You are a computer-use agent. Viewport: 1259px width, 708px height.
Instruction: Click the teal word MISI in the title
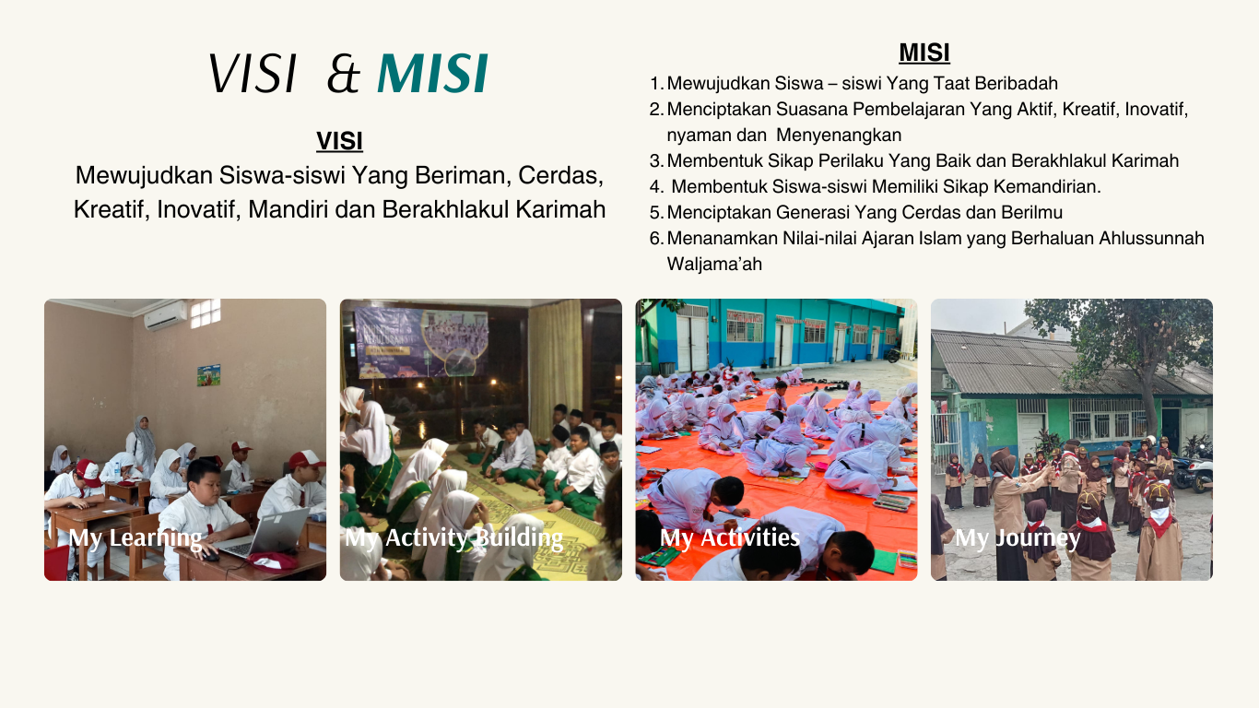click(x=432, y=73)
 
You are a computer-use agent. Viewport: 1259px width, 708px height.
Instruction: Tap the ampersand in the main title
click(x=343, y=74)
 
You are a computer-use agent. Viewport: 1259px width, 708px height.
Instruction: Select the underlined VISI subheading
click(x=339, y=141)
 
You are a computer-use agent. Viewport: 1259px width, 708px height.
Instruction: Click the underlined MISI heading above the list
click(x=924, y=53)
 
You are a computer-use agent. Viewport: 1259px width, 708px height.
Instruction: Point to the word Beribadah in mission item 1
click(x=1017, y=83)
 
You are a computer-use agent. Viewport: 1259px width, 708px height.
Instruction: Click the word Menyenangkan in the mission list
click(x=839, y=135)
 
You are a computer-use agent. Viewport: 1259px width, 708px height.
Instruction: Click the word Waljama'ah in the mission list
click(x=714, y=264)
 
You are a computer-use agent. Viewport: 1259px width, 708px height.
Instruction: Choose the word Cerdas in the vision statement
click(x=560, y=175)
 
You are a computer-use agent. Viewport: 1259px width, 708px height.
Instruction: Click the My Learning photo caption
click(x=135, y=538)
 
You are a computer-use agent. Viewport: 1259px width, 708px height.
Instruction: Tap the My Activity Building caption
click(x=453, y=538)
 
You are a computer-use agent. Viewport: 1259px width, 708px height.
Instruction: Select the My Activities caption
click(x=730, y=538)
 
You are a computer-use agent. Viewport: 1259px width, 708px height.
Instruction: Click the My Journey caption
click(x=1018, y=538)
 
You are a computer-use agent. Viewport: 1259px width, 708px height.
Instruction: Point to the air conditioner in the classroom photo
click(x=165, y=315)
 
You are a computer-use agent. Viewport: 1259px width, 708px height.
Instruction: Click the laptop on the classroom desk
click(x=264, y=533)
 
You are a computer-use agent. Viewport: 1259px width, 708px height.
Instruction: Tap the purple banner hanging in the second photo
click(x=421, y=342)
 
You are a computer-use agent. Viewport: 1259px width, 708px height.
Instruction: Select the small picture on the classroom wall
click(x=208, y=375)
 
